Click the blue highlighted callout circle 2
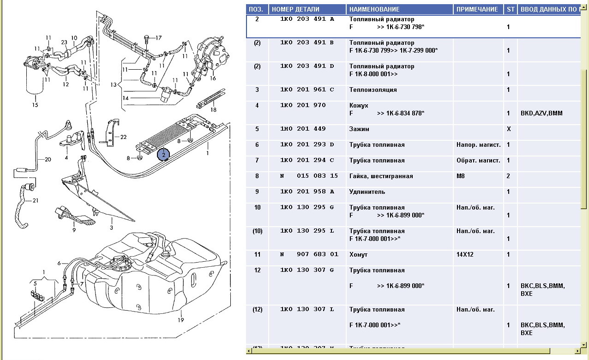(164, 155)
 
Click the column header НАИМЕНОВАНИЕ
(374, 9)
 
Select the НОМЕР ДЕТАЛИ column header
(295, 9)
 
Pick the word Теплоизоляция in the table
(373, 90)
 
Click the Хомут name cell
(359, 254)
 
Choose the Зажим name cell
(359, 129)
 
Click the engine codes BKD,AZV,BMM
(541, 113)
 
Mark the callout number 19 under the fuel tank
(181, 320)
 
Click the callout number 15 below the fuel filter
(35, 105)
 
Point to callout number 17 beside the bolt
(159, 37)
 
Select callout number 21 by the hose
(36, 201)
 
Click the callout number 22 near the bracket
(123, 137)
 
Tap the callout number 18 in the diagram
(213, 109)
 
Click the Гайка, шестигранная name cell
(381, 176)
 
